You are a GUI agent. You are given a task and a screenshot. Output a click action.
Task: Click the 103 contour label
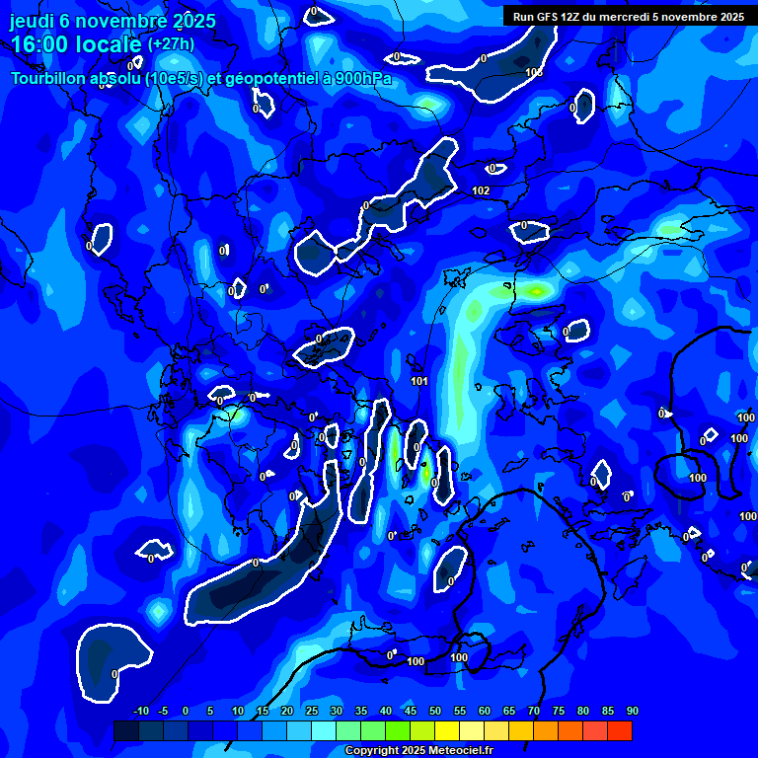click(x=534, y=72)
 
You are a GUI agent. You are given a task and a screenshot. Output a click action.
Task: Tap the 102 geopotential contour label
click(x=481, y=190)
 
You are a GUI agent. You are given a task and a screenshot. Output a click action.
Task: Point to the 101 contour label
click(x=419, y=381)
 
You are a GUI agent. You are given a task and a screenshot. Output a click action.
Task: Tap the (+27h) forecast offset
click(x=171, y=44)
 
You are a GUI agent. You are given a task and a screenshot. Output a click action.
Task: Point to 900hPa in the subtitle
click(x=364, y=78)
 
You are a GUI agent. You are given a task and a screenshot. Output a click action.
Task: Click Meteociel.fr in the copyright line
click(x=460, y=751)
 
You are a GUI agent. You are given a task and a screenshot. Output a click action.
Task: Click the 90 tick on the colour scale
click(x=632, y=712)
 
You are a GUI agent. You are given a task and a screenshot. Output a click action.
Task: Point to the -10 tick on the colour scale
click(x=140, y=712)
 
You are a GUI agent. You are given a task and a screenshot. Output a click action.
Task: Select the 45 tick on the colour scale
click(x=410, y=712)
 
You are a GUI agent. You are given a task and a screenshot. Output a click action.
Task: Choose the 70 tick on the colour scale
click(x=534, y=712)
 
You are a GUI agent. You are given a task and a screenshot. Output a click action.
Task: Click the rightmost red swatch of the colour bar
click(x=620, y=730)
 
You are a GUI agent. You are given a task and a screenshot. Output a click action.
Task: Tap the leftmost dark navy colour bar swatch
click(x=126, y=730)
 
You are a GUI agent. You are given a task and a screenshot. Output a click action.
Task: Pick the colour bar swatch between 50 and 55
click(x=447, y=730)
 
